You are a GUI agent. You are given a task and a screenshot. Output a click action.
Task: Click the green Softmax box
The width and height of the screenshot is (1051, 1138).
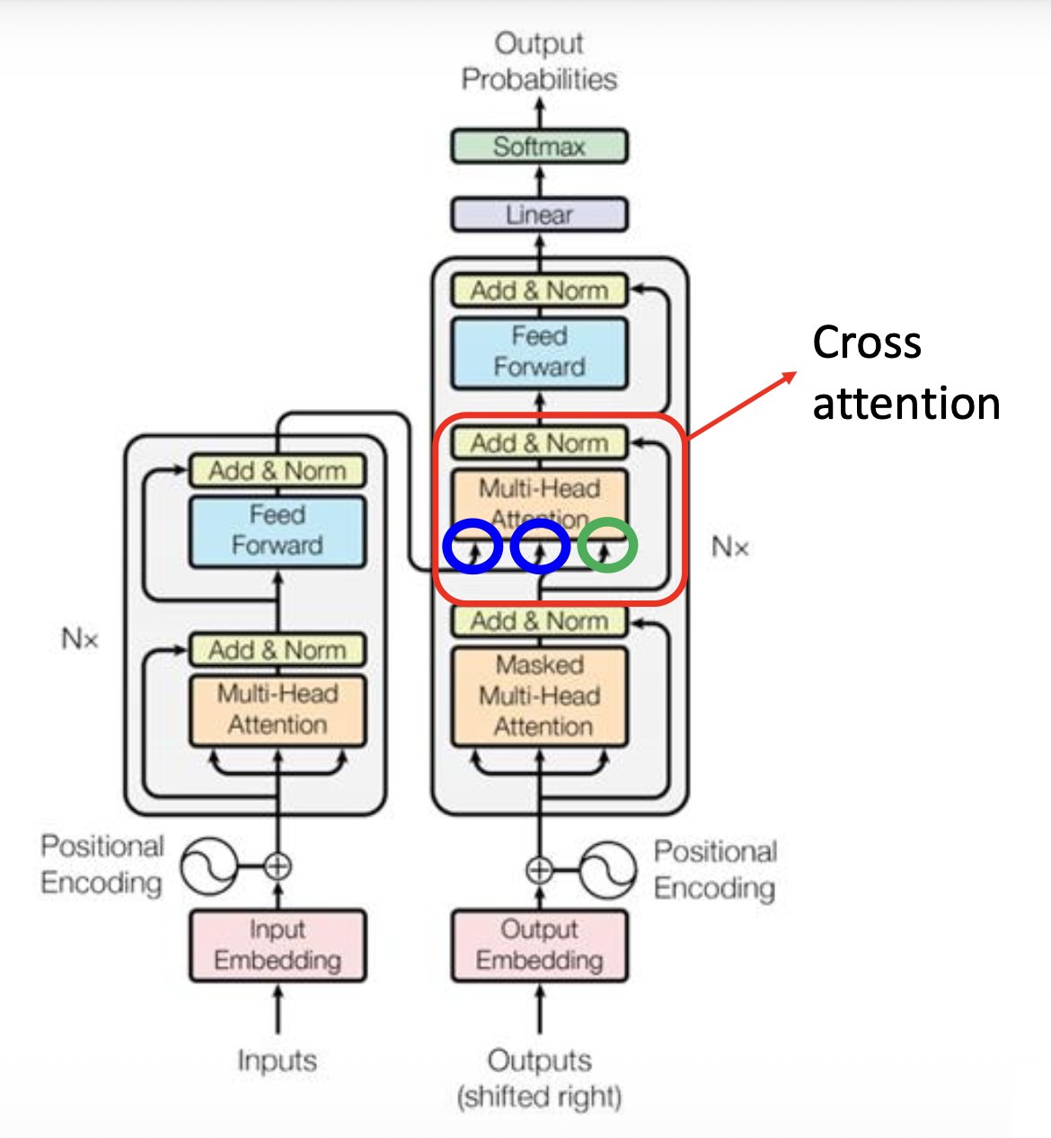coord(539,147)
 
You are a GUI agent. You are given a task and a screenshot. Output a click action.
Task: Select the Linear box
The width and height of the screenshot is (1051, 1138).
coord(539,215)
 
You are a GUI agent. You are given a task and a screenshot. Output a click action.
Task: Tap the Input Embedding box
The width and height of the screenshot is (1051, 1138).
coord(278,945)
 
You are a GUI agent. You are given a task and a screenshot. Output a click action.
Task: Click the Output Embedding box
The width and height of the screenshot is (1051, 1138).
coord(539,945)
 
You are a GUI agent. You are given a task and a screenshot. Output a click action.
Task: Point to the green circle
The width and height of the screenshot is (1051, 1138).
coord(607,546)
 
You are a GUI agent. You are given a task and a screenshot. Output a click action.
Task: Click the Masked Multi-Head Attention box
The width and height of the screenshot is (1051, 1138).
coord(539,696)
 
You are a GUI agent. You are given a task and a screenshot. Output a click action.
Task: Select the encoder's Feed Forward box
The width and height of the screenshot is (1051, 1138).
coord(278,530)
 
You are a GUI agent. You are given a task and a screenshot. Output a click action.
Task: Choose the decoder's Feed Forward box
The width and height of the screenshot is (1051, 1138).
coord(539,351)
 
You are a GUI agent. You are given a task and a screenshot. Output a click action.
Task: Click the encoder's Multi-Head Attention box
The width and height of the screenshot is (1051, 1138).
coord(278,710)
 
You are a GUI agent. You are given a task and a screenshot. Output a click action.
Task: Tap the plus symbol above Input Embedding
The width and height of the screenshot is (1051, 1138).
coord(278,867)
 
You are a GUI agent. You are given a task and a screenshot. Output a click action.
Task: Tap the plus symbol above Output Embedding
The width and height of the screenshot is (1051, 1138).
coord(539,870)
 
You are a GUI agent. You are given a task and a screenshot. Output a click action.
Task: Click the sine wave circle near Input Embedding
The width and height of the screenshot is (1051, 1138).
coord(208,867)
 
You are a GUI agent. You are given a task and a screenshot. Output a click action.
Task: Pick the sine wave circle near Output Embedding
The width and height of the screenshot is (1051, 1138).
coord(608,870)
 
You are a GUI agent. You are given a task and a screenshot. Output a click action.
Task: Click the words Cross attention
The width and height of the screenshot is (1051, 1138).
coord(905,372)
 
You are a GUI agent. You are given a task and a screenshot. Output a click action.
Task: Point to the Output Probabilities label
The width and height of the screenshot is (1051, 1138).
coord(539,61)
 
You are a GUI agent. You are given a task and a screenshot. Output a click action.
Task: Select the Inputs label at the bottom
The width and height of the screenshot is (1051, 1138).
coord(277,1061)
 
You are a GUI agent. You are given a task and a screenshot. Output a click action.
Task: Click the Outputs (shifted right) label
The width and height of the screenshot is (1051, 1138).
coord(539,1078)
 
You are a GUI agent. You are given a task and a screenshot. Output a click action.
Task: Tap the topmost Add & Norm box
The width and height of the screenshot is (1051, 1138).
coord(539,290)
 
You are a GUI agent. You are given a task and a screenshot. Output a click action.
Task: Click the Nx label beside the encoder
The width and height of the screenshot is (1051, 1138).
coord(79,639)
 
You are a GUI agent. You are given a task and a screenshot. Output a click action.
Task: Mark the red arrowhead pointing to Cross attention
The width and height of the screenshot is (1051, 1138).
coord(790,377)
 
